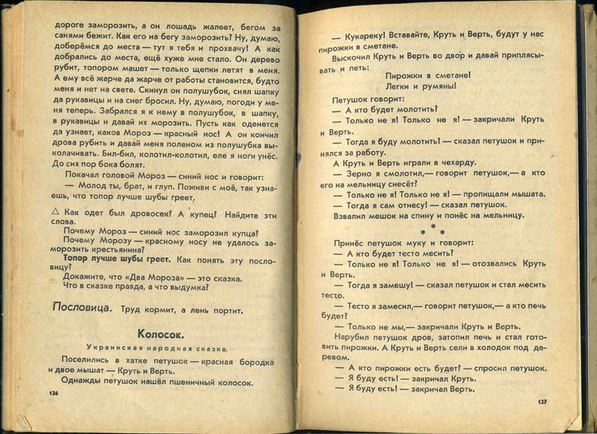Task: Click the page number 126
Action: (x=53, y=393)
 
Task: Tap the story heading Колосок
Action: (x=161, y=334)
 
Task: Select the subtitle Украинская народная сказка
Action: (x=161, y=349)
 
